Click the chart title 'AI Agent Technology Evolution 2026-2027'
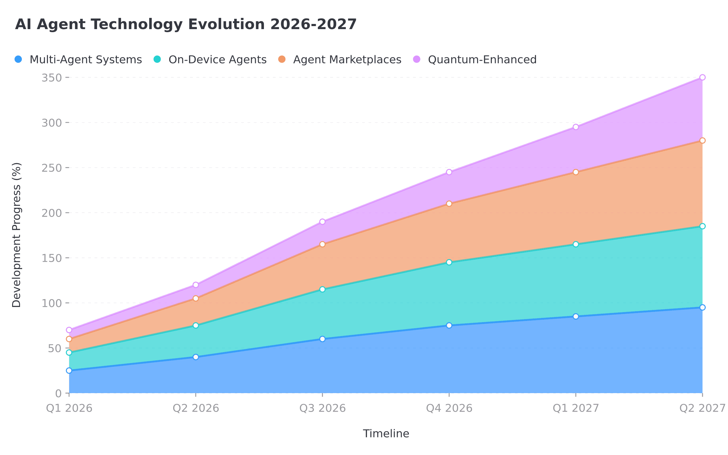186,24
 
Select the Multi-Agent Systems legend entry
78,59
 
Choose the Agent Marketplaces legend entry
340,59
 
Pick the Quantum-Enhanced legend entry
475,59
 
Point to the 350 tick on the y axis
52,78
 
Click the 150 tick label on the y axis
52,258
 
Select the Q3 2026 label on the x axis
322,408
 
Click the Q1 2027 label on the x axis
576,408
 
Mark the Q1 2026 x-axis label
69,408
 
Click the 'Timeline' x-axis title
386,433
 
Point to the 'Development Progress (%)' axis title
17,235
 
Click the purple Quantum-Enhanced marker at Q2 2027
703,77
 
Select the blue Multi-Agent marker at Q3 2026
322,339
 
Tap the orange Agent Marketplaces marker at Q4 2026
449,204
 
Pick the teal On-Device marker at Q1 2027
576,244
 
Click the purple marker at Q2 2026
196,285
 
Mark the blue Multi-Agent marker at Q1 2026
69,371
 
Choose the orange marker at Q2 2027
703,140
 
